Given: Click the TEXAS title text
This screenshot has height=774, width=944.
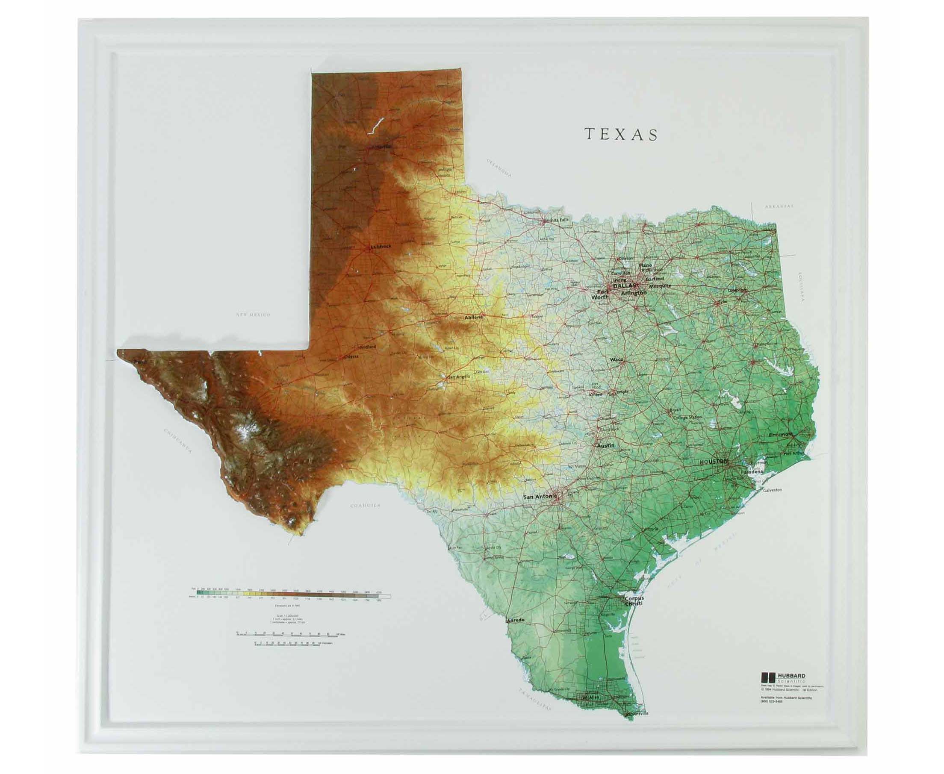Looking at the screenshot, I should (x=621, y=134).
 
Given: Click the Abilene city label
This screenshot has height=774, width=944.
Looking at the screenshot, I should (x=474, y=318).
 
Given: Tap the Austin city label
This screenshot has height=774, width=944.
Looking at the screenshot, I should (x=605, y=445).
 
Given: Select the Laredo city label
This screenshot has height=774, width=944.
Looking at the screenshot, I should (x=516, y=620).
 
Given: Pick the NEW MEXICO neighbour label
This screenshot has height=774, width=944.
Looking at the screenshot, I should (x=254, y=315).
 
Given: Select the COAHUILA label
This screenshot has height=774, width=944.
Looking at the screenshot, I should (x=365, y=506).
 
